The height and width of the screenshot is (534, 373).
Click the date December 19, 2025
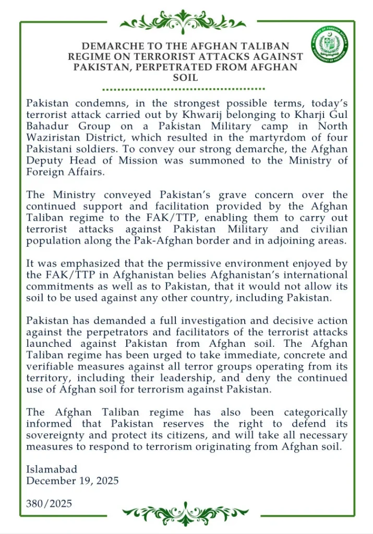tap(73, 480)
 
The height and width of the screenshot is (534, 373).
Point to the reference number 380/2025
tap(49, 503)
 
